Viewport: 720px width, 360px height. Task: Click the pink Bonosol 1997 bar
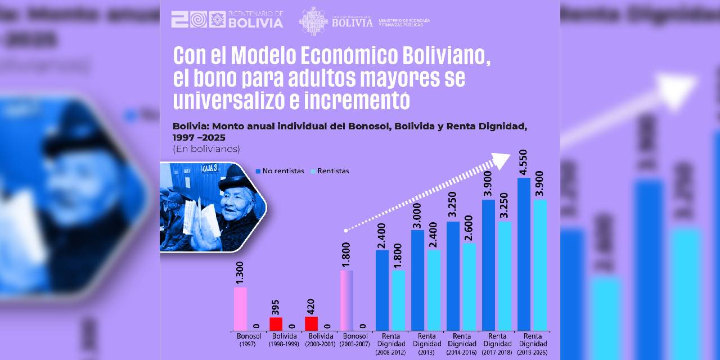click(240, 309)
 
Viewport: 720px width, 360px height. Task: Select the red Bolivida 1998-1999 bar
click(276, 324)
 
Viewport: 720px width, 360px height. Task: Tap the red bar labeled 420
click(311, 323)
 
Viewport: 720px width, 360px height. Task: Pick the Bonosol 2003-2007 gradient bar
click(346, 300)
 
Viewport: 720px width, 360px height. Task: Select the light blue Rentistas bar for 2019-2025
click(539, 265)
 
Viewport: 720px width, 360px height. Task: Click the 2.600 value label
click(469, 229)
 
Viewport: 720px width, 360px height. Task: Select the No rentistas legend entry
click(281, 171)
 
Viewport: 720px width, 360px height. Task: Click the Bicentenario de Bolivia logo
click(227, 19)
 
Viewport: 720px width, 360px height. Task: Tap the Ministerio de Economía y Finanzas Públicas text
click(404, 22)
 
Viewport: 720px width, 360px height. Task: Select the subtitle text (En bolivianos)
click(206, 149)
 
